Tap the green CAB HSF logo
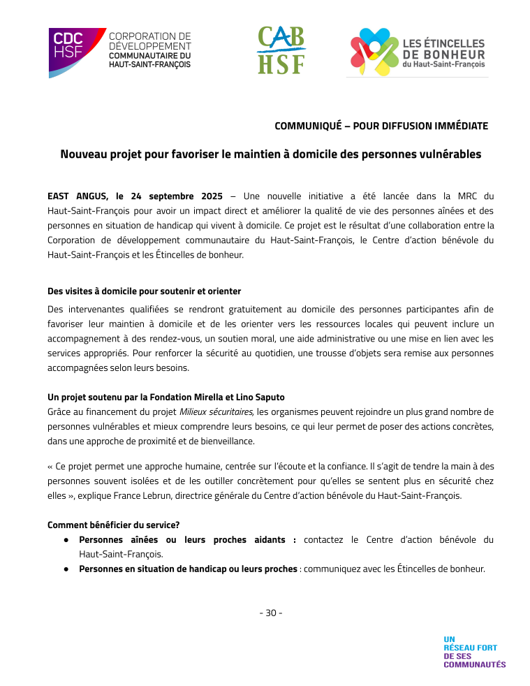point(281,50)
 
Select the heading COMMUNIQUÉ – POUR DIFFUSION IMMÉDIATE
point(381,126)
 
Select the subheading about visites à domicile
point(145,291)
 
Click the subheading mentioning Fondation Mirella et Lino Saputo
point(166,397)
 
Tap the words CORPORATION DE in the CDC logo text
point(150,36)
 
